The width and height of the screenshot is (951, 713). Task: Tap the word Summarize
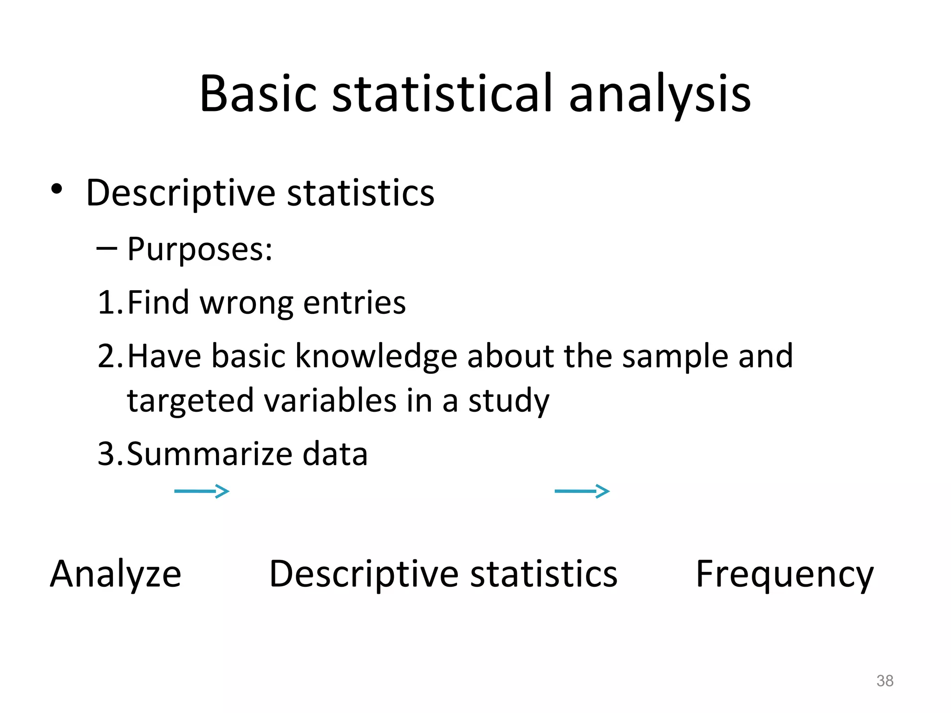click(209, 454)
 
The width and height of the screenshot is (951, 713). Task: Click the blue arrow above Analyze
click(202, 491)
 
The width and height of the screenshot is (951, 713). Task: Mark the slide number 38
click(885, 681)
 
